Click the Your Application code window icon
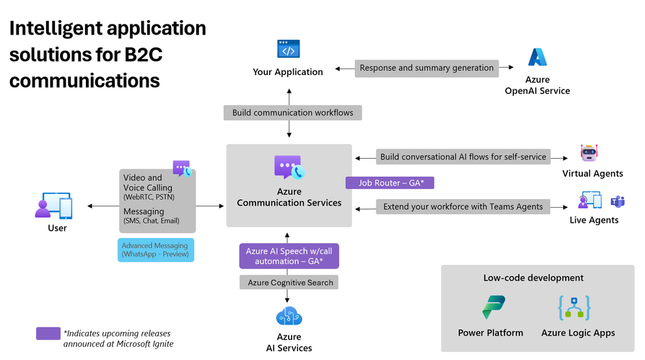tap(288, 49)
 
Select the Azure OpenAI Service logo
tap(537, 58)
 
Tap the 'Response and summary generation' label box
tap(426, 68)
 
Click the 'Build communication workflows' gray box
tap(292, 113)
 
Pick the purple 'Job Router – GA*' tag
tap(390, 183)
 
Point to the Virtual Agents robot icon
tap(590, 153)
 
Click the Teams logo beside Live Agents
tap(618, 201)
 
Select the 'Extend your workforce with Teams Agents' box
tap(462, 207)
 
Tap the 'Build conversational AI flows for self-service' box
tap(462, 157)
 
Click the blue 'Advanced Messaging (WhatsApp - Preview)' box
tap(156, 250)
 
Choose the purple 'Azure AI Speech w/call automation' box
tap(289, 256)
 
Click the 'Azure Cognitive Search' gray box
tap(290, 282)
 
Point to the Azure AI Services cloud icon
tap(289, 316)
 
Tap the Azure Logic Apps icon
tap(574, 308)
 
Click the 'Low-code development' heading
tap(533, 277)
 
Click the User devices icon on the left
tap(53, 206)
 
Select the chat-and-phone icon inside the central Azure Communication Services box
tap(289, 167)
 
